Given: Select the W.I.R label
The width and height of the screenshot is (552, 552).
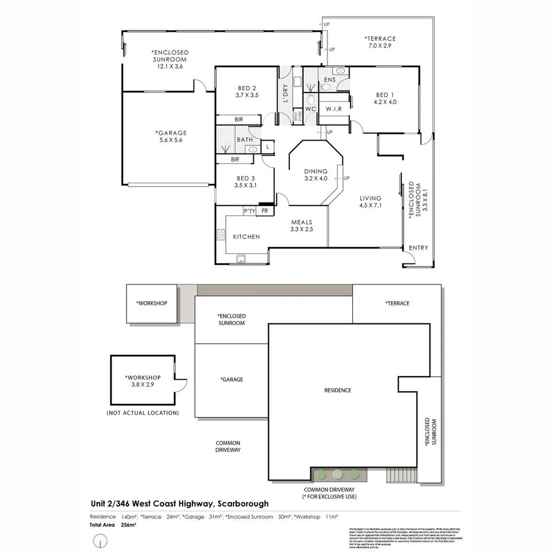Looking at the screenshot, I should tap(334, 108).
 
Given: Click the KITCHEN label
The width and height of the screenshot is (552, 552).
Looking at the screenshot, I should tap(246, 237).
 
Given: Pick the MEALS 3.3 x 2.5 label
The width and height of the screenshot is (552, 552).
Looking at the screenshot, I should tap(302, 226).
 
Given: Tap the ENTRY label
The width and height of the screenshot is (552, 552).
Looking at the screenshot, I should tap(419, 248).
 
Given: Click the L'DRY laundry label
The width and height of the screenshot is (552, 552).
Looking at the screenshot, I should tap(286, 93).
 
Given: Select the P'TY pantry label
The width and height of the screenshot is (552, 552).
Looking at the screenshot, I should tap(249, 211).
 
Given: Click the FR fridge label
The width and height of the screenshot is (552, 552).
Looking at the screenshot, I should tap(265, 211).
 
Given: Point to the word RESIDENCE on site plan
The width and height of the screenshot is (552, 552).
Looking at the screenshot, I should tap(338, 390).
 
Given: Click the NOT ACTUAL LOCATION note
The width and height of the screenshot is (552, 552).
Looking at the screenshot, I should tap(143, 412).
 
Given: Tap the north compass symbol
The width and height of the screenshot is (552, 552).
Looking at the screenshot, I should tap(101, 540).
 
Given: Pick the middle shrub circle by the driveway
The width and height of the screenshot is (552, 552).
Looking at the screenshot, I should tap(337, 474).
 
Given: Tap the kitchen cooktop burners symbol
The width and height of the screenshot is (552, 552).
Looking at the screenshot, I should tap(221, 235).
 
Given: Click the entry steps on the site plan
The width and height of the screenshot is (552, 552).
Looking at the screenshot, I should tap(401, 476).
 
